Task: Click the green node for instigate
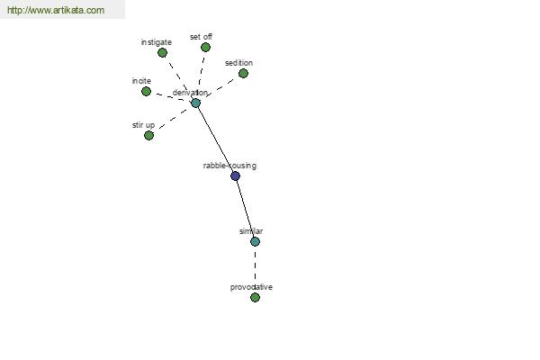[x=162, y=53]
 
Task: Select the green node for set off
[x=205, y=47]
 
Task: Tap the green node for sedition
[x=243, y=74]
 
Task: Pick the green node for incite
[x=146, y=91]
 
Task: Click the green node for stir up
[x=148, y=135]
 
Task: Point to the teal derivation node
[x=195, y=103]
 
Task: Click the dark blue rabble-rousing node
[x=235, y=176]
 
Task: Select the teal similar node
[x=255, y=241]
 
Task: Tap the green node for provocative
[x=255, y=297]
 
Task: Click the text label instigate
[x=157, y=42]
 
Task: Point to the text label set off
[x=201, y=37]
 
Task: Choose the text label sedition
[x=238, y=63]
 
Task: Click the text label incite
[x=141, y=81]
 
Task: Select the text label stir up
[x=143, y=125]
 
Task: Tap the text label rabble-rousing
[x=229, y=166]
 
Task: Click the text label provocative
[x=251, y=287]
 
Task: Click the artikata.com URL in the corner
[x=56, y=10]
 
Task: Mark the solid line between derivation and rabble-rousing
[x=216, y=139]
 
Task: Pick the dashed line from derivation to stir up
[x=173, y=119]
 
